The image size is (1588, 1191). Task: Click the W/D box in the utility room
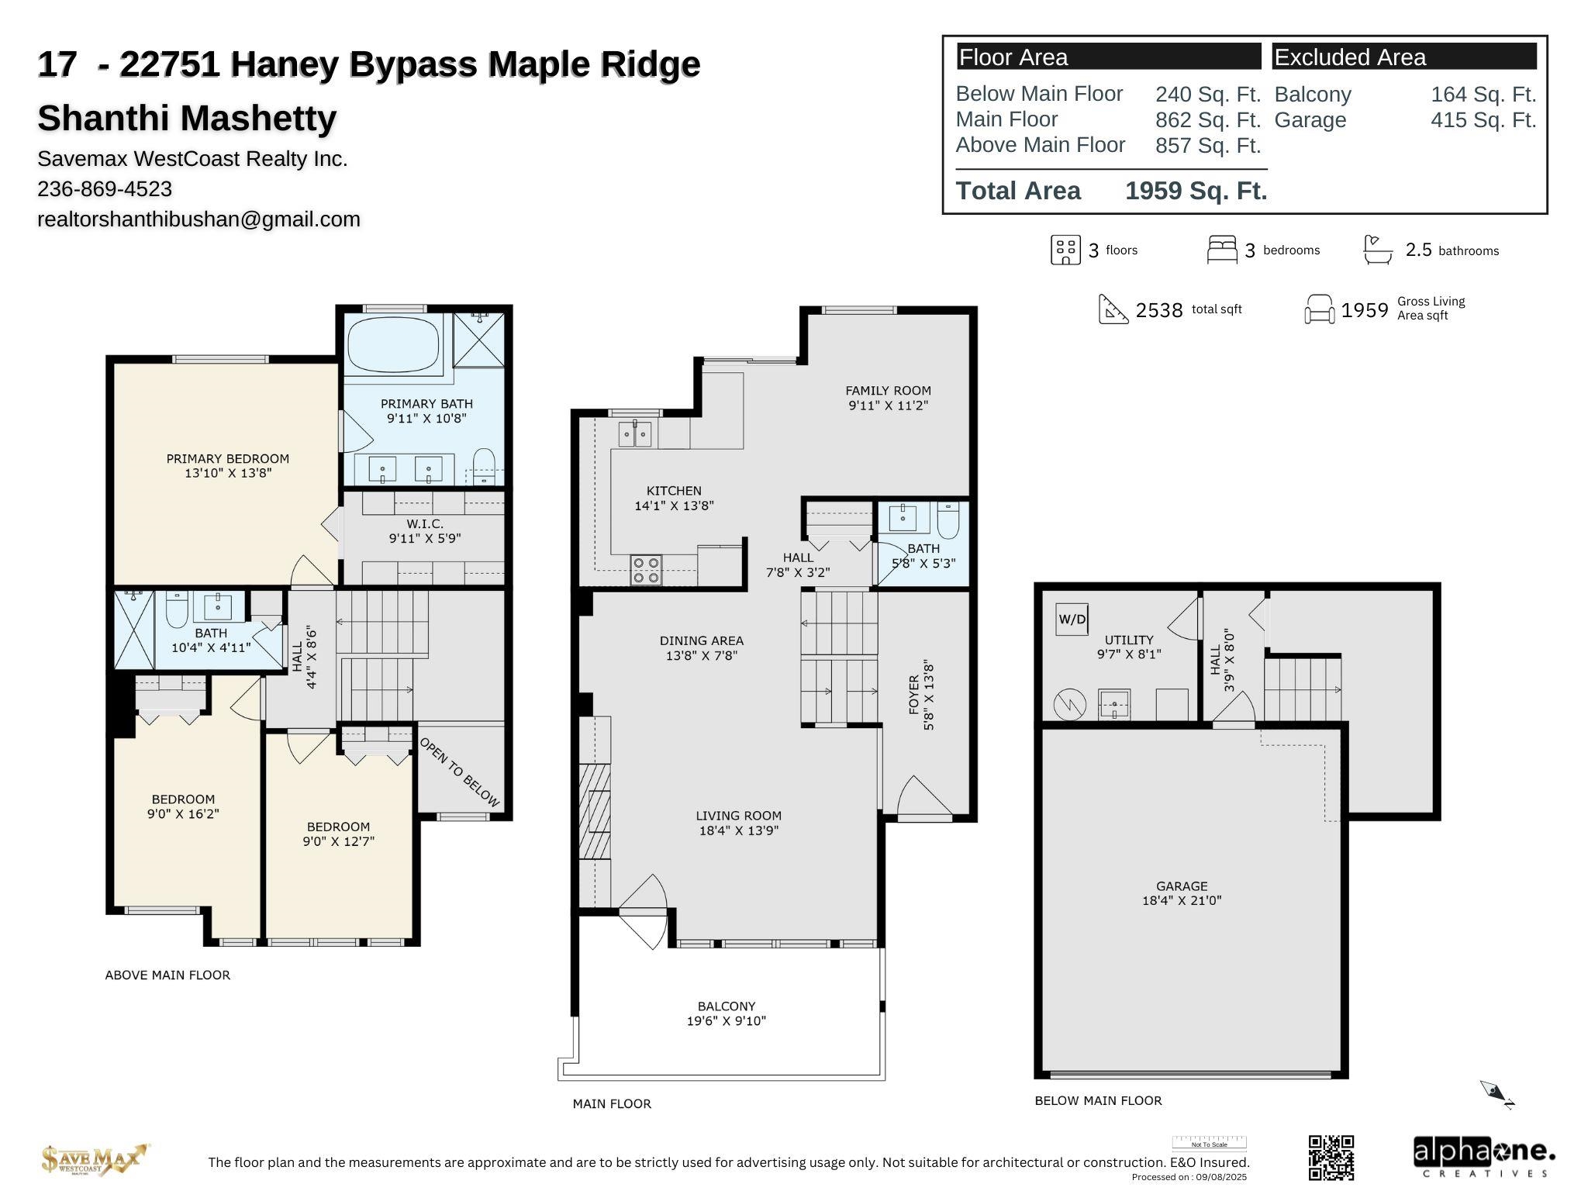coord(1072,619)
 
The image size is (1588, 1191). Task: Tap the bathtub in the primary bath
coord(394,345)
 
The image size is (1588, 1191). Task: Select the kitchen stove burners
coord(647,570)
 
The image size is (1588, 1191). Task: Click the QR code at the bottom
coord(1331,1158)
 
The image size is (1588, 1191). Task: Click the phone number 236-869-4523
coord(105,189)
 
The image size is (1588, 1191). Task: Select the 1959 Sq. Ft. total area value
coord(1196,191)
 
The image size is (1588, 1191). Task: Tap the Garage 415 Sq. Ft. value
coord(1483,120)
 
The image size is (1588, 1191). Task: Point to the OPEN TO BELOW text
coord(460,772)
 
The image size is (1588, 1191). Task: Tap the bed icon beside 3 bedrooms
coord(1222,250)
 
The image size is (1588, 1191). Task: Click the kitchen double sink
coord(635,434)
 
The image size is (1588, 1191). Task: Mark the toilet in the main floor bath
coord(948,520)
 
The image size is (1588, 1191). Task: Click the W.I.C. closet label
coord(425,524)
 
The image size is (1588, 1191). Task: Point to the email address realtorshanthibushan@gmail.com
coord(198,219)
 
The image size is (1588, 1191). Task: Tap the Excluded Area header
coord(1350,57)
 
